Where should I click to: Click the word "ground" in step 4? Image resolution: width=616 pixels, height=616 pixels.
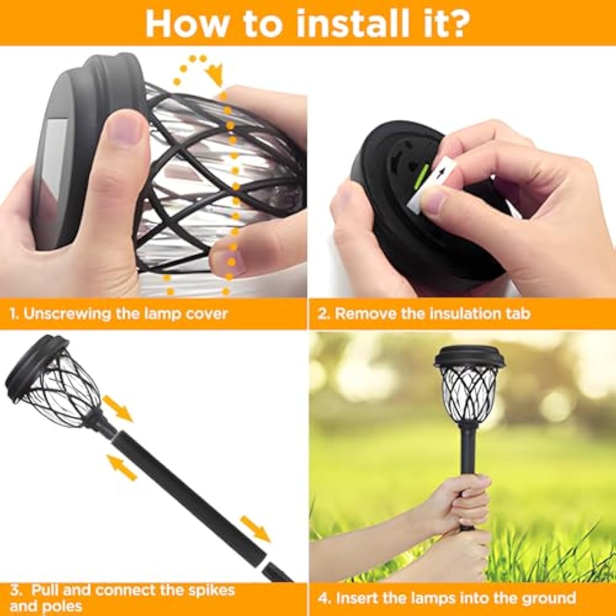click(x=549, y=598)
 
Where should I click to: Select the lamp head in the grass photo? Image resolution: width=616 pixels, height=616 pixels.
click(x=470, y=386)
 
